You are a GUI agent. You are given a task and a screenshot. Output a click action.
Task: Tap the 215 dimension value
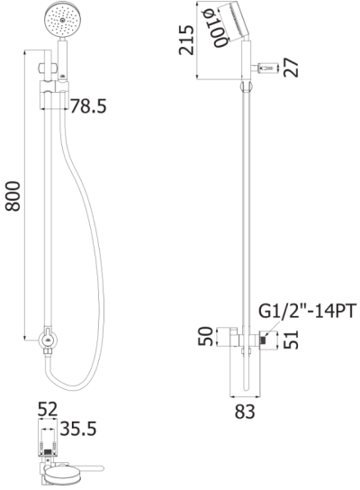point(186,40)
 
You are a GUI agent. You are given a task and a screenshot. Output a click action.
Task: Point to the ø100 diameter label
point(208,24)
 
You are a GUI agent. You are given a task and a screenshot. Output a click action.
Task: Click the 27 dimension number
point(290,68)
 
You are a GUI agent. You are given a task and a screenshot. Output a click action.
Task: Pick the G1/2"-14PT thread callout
point(308,311)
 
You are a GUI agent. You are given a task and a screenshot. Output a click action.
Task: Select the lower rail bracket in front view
point(48,341)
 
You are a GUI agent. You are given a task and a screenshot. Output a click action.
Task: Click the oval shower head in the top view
point(66,473)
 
